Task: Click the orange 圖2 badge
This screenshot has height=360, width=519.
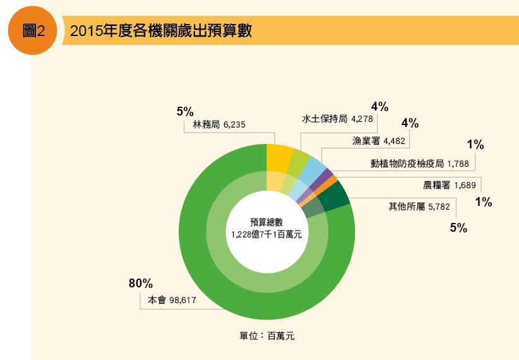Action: pos(32,32)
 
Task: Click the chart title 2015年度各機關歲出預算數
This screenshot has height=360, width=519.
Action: pos(161,32)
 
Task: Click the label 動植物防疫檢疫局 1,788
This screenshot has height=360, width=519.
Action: pos(420,164)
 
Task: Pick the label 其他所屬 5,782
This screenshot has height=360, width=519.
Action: pos(419,206)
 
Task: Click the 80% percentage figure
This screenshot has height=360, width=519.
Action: pos(141,284)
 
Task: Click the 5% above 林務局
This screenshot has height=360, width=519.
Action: pos(184,111)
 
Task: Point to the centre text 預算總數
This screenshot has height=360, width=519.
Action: pos(266,222)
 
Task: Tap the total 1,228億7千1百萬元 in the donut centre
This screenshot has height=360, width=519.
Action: pos(266,234)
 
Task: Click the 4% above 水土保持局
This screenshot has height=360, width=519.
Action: pos(379,105)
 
